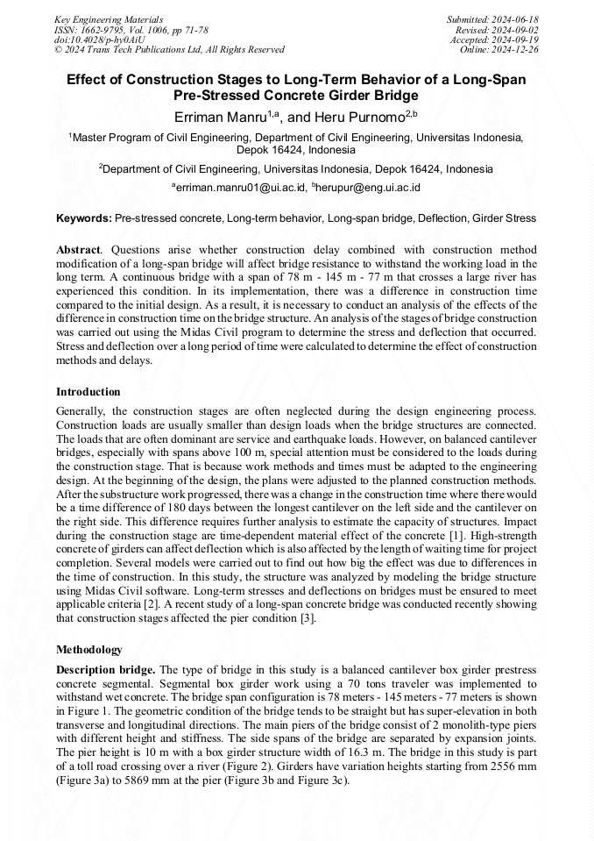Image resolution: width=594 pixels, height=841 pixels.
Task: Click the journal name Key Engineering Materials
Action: coord(109,18)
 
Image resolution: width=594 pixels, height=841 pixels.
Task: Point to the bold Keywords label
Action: coord(83,217)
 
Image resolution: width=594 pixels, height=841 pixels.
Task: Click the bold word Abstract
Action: coord(77,250)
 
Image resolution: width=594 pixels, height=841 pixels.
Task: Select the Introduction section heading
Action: coord(88,391)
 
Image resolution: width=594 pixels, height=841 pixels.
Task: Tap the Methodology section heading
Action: coord(89,650)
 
